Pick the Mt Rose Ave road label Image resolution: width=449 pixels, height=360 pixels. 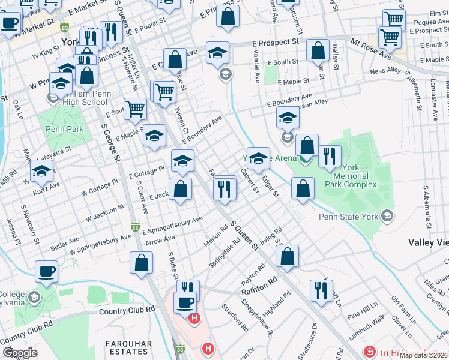point(370,51)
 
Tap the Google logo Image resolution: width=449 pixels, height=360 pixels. point(20,353)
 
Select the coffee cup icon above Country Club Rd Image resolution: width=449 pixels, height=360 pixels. point(46,271)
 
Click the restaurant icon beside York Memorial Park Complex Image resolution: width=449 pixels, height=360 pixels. point(329,157)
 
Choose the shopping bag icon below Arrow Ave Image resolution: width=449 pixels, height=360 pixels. point(141,263)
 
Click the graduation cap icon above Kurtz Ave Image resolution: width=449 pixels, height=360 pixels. point(41,172)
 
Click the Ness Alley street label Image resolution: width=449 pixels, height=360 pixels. point(385,70)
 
